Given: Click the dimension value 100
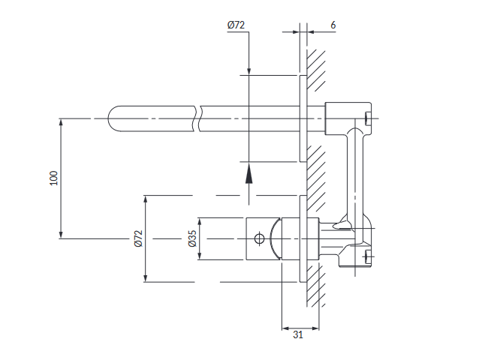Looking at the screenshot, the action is (53, 178).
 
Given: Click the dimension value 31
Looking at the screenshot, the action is (298, 334).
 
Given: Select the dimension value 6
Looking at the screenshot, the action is (333, 25).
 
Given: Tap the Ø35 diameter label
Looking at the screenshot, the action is (192, 238).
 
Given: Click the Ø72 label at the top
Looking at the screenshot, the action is (236, 25).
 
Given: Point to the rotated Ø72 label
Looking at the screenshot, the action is (138, 238).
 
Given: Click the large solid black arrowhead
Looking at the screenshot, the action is (249, 174).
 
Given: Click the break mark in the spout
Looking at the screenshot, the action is (197, 118).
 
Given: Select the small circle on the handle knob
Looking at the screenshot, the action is (259, 238).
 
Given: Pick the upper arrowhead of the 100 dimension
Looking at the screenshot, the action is (61, 123).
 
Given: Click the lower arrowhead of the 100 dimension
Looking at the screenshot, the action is (61, 235).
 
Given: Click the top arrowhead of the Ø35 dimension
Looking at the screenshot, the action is (200, 222).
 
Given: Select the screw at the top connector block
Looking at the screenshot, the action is (368, 118).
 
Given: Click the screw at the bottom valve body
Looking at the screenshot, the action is (368, 256).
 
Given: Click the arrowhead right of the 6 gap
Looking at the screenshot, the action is (312, 31).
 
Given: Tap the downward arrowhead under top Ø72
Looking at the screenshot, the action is (249, 71).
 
